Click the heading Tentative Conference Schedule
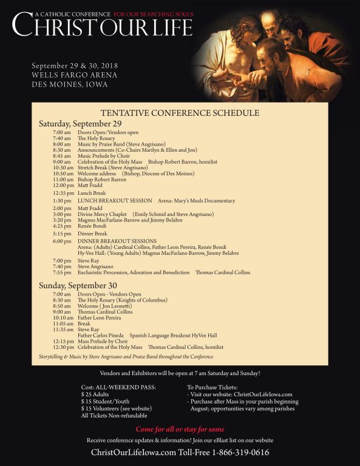(x=180, y=113)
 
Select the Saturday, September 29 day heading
(x=80, y=124)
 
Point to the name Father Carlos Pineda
(x=101, y=336)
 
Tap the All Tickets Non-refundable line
(x=114, y=416)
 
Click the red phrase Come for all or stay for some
(x=180, y=429)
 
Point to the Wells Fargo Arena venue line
(x=75, y=75)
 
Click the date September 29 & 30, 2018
(x=75, y=65)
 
